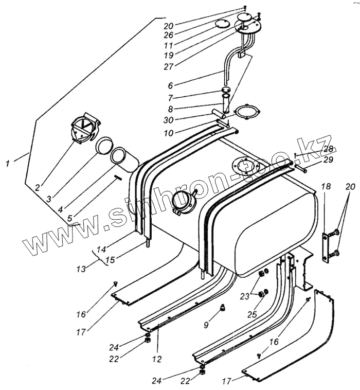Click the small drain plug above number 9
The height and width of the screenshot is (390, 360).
[223, 308]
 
